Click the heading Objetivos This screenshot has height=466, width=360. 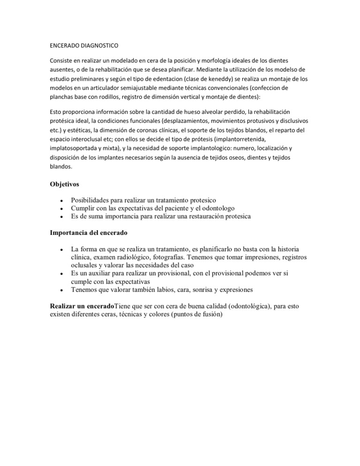pyautogui.click(x=65, y=185)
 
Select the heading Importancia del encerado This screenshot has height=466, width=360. pyautogui.click(x=89, y=233)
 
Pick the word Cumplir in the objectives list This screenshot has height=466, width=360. pyautogui.click(x=83, y=208)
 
